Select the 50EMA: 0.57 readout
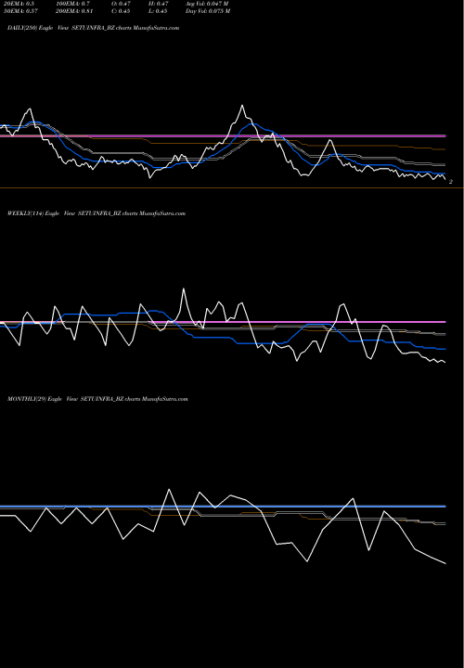(x=20, y=15)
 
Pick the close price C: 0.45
(x=120, y=15)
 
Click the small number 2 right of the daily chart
(x=450, y=182)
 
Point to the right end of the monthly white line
(x=446, y=563)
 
